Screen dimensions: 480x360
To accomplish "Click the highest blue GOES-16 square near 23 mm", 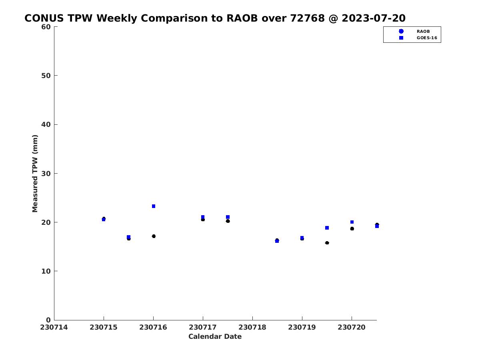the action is [154, 206].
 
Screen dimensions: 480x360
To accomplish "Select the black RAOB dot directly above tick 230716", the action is [154, 236].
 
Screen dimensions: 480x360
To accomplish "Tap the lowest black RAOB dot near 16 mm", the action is [327, 243].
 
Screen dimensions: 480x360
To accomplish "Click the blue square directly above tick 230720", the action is [352, 222].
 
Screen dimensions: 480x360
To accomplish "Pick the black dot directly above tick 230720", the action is [352, 229].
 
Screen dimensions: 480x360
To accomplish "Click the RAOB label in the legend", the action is [423, 32].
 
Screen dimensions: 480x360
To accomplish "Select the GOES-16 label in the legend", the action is [427, 38].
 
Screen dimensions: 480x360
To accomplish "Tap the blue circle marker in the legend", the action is [401, 31].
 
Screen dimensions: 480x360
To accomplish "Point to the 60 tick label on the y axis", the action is [46, 27].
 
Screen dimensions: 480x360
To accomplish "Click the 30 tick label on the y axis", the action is [46, 174].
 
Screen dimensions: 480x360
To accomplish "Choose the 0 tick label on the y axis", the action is [48, 320].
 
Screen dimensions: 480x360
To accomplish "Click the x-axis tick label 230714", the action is [54, 327].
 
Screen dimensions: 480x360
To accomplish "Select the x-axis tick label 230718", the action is [252, 327].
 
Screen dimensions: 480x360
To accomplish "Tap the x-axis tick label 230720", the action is [352, 327].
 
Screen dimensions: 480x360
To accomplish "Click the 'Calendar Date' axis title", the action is [215, 336].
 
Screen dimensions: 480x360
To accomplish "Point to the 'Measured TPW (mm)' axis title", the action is [35, 174].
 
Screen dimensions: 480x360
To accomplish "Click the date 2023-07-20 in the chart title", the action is [374, 18].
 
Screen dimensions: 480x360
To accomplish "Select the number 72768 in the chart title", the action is [308, 18].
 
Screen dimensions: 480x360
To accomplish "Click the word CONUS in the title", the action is [44, 18].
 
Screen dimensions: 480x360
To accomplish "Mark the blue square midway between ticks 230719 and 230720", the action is [327, 228].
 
